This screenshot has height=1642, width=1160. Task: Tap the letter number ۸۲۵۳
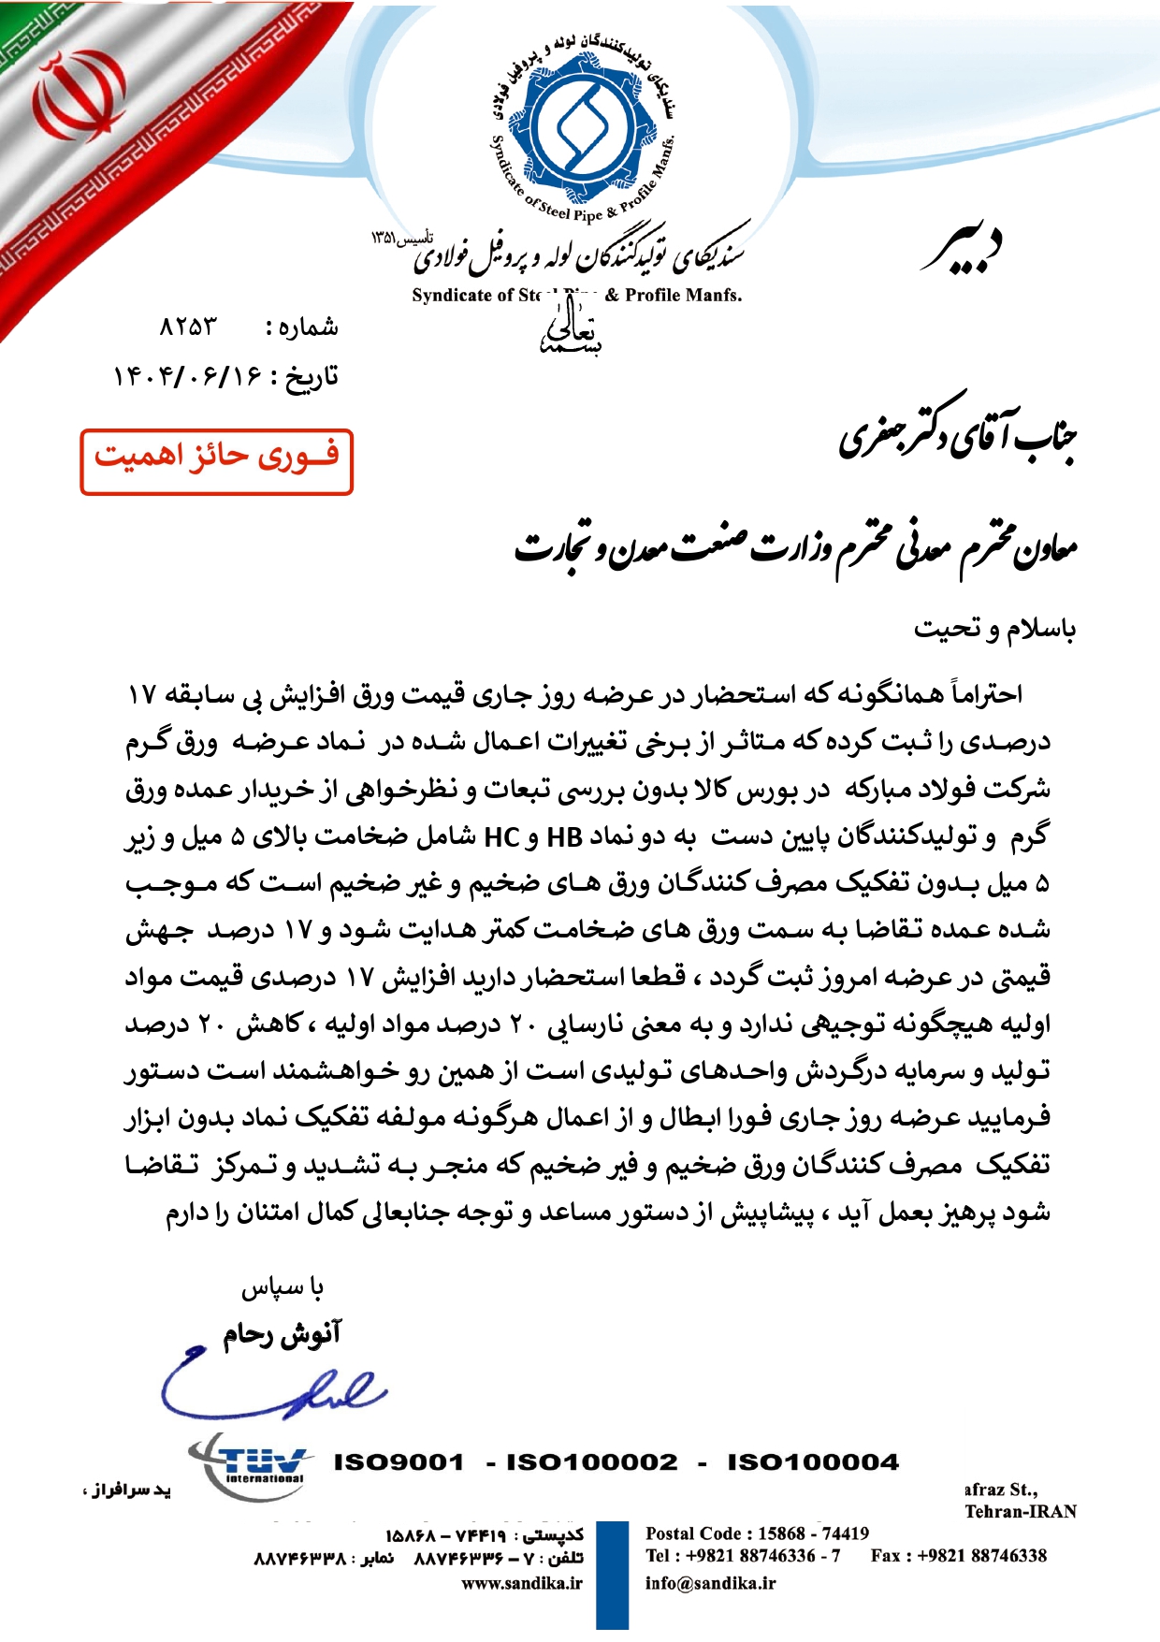coord(187,327)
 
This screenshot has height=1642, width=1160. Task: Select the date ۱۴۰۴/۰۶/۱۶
coord(187,377)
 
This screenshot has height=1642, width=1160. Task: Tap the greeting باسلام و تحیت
coord(994,629)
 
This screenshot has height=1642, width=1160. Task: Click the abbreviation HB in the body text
coord(564,836)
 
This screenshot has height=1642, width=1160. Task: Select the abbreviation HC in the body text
coord(501,836)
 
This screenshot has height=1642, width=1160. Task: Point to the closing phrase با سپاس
coord(283,1288)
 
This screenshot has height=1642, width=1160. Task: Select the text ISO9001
coord(399,1462)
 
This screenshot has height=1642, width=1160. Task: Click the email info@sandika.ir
coord(710,1583)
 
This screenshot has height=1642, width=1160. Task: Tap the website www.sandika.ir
coord(522,1583)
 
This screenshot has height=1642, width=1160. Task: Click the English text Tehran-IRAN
coord(1021,1512)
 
